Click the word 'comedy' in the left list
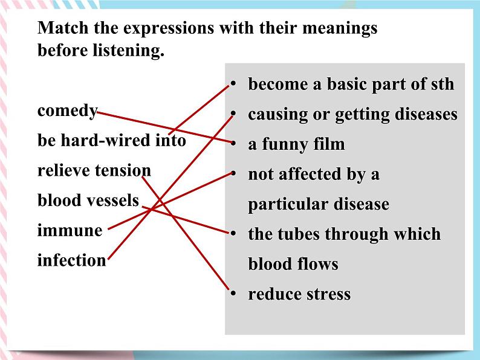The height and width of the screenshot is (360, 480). (67, 112)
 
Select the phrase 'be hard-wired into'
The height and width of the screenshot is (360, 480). (111, 141)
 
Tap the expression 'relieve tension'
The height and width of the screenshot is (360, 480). (94, 171)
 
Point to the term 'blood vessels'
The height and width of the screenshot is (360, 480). (88, 201)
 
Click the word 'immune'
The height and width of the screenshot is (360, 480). (70, 231)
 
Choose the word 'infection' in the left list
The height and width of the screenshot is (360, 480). (71, 260)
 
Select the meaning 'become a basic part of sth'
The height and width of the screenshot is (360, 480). (351, 84)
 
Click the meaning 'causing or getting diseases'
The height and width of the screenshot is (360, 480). (352, 114)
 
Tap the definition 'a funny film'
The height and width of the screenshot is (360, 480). (296, 144)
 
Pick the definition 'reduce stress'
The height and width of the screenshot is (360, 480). (299, 294)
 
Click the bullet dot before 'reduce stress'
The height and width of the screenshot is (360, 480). (232, 294)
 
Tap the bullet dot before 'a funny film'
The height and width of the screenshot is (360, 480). (232, 144)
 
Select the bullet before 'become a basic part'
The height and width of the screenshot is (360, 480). (232, 85)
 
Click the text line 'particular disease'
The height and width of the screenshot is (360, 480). (318, 204)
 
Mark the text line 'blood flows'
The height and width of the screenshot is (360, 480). (293, 264)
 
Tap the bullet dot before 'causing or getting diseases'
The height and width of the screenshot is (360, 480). (232, 114)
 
